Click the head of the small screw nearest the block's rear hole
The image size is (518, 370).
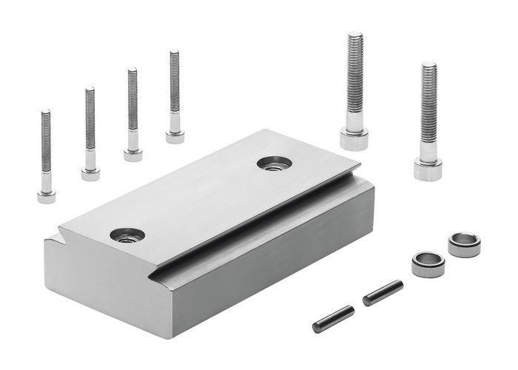175,136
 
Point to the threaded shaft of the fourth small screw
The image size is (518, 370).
175,89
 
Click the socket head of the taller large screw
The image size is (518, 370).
354,138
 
